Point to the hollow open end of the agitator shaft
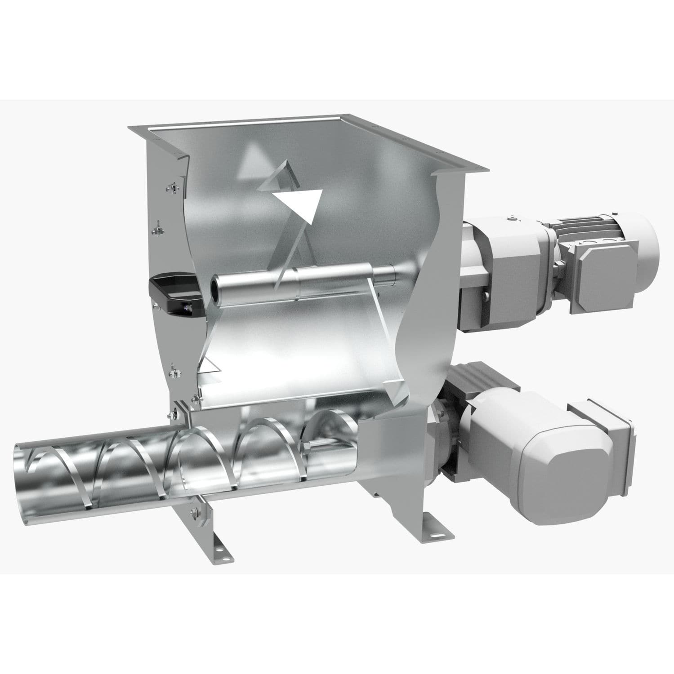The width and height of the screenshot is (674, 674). click(x=218, y=287)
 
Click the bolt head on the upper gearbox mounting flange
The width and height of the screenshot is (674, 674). click(x=486, y=295)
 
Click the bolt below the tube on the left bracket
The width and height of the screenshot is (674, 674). click(x=195, y=511)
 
